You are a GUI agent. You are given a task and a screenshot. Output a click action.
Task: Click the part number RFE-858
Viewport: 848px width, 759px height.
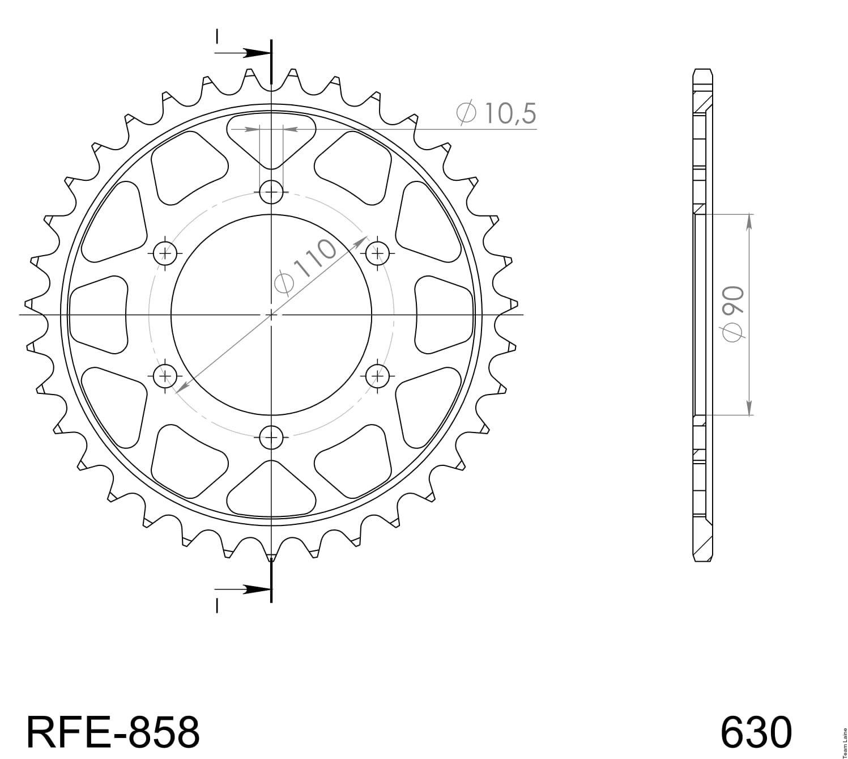113,732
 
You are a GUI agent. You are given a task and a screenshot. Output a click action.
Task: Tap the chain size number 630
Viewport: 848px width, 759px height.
756,732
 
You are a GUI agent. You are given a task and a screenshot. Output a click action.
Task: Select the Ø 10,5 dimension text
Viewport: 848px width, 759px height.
496,113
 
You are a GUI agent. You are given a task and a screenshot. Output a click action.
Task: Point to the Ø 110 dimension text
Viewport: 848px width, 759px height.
305,265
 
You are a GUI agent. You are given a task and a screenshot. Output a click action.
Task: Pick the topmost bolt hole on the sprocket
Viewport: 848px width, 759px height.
271,192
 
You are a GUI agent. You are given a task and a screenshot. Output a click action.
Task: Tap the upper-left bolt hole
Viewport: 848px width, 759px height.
165,253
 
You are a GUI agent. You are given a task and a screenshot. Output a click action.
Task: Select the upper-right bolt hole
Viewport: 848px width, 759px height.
377,253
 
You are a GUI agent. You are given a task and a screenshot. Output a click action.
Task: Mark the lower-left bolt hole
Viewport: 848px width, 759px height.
165,376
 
